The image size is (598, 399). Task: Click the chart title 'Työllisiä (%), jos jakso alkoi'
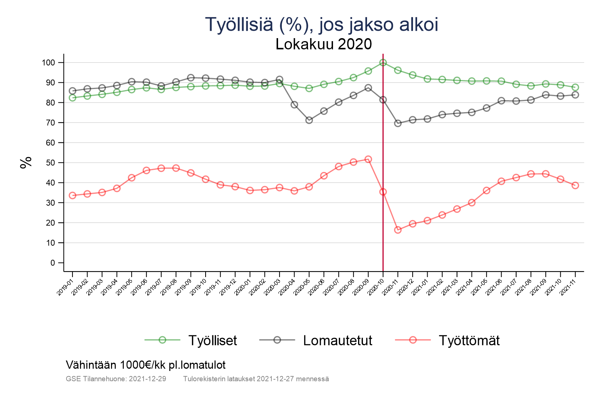pos(321,25)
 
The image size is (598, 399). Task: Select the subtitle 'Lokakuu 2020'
pos(324,44)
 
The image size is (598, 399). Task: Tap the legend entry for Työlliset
pos(212,340)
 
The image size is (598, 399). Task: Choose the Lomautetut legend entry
pos(337,340)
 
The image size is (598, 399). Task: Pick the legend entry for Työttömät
pos(469,340)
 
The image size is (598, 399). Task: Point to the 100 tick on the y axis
pos(48,62)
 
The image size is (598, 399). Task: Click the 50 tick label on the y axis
pos(50,163)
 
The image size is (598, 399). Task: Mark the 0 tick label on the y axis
pos(52,263)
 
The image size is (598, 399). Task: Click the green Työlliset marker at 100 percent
pos(383,62)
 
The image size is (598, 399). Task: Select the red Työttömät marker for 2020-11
pos(398,230)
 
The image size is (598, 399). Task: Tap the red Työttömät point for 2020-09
pos(368,159)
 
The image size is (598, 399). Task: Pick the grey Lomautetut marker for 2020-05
pos(309,120)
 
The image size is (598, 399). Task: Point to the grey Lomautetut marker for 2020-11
pos(398,123)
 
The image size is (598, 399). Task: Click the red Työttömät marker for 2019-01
pos(73,195)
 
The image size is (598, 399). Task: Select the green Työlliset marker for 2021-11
pos(575,88)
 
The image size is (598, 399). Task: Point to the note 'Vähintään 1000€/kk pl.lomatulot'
pos(146,365)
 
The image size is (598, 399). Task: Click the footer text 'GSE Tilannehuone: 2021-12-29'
pos(116,379)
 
